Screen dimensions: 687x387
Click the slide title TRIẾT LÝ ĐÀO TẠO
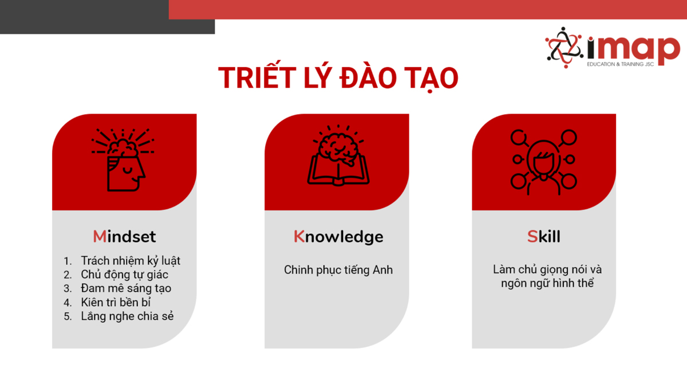point(338,78)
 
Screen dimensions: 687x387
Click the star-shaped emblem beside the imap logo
point(564,48)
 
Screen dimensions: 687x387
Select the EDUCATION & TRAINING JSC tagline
point(621,64)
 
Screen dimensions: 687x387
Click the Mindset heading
point(124,236)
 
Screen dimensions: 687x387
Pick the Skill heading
point(544,236)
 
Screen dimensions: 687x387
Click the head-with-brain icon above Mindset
point(123,160)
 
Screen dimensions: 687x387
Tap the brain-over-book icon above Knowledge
point(338,155)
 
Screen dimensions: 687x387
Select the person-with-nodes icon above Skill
point(544,162)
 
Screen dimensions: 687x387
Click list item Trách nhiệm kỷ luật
point(131,261)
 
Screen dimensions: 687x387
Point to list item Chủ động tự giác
point(125,275)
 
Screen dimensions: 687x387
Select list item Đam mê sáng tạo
point(126,288)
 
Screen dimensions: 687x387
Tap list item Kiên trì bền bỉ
point(116,302)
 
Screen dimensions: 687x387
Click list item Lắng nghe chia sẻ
point(127,316)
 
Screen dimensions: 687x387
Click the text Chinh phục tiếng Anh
point(338,270)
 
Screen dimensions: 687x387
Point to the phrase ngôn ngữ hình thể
point(547,283)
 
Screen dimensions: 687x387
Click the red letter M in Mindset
point(100,236)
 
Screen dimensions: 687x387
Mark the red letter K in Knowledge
point(299,236)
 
